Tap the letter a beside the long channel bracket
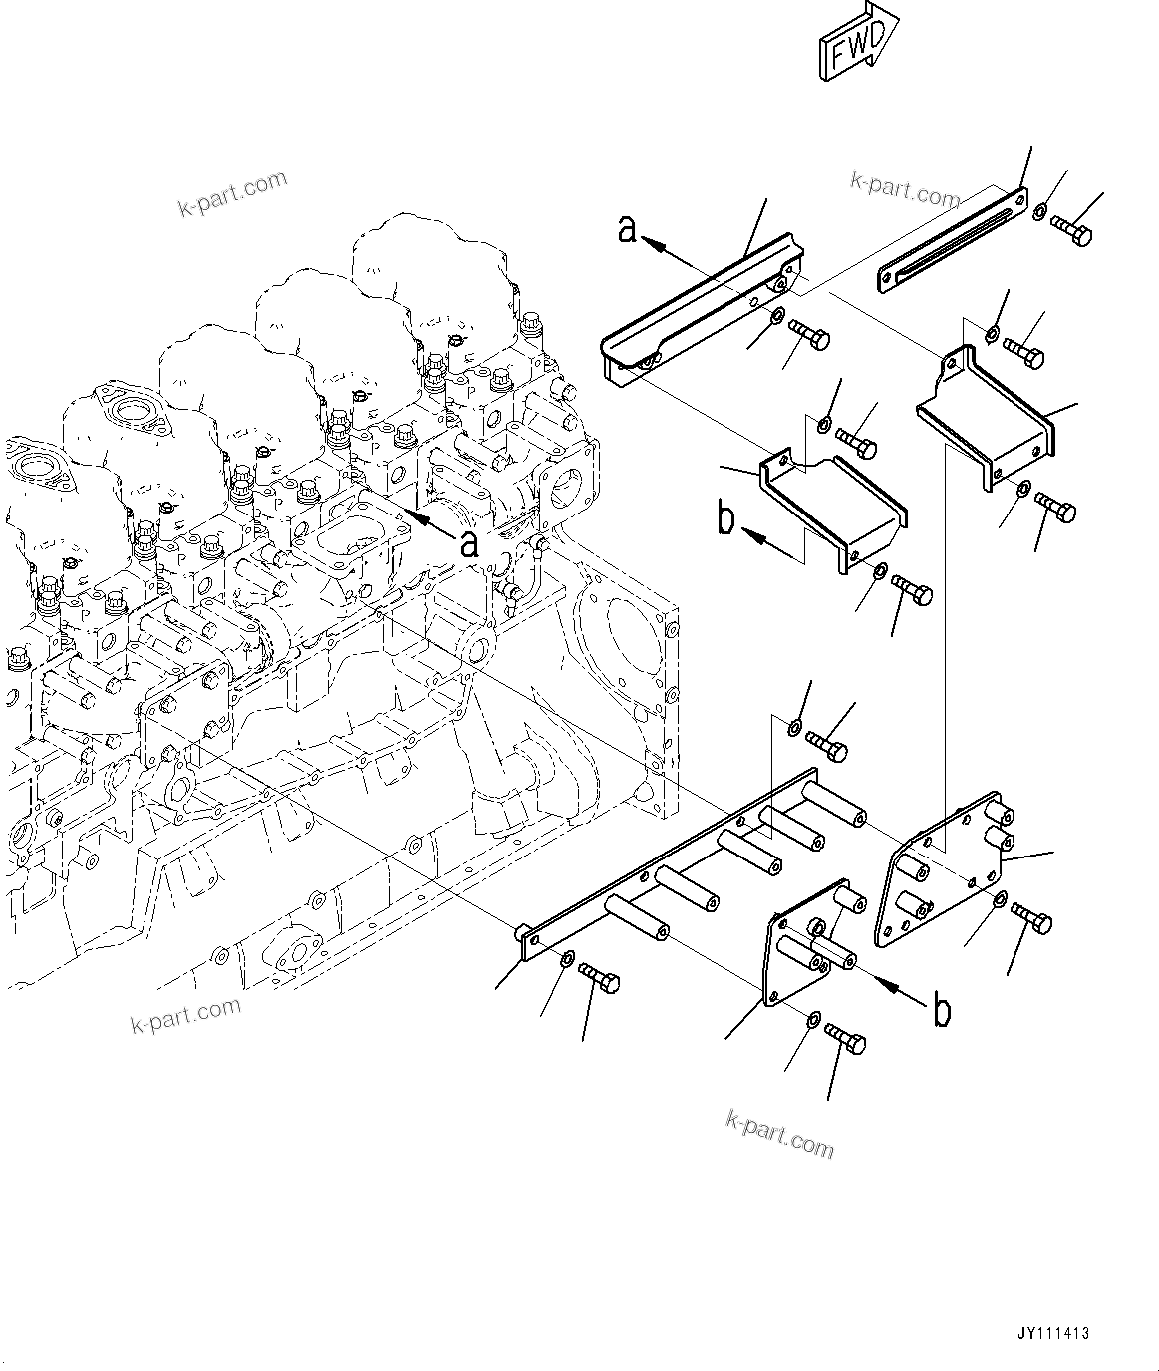click(x=628, y=229)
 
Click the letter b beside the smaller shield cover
click(x=727, y=519)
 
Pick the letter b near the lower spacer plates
click(x=940, y=1011)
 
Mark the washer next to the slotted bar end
click(x=1039, y=212)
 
